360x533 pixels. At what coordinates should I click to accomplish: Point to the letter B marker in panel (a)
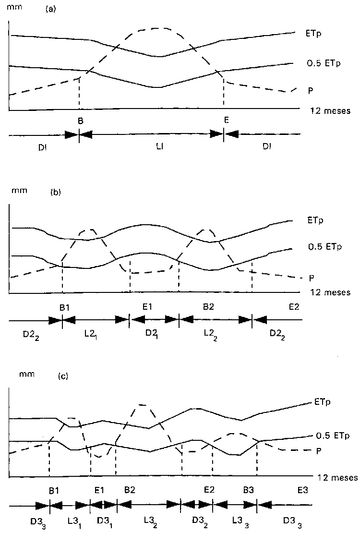80,121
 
